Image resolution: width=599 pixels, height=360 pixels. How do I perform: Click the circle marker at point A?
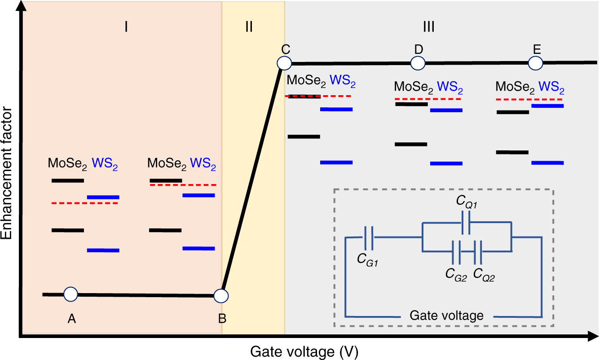coord(70,294)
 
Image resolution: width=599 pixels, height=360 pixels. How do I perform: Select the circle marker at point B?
coord(221,295)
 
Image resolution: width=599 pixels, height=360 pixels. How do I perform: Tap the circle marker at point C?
coord(284,63)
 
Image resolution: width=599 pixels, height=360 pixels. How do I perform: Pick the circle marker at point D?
coord(418,63)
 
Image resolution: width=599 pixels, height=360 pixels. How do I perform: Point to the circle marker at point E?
coord(535,63)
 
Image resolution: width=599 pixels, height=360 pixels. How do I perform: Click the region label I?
coord(127,27)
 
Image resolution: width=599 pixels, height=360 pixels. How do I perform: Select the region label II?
coord(249,27)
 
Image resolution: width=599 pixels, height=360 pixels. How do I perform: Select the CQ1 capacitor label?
coord(467,202)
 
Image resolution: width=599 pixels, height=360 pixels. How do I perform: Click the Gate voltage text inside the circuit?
coord(447,315)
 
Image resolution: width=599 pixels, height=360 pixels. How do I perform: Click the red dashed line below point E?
coord(529,99)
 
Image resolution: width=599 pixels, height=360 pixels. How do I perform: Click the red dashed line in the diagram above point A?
coord(84,203)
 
